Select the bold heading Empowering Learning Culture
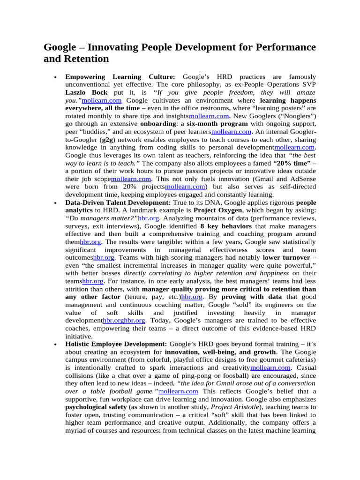(x=120, y=76)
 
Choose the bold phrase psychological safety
(x=96, y=407)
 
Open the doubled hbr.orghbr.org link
(x=124, y=320)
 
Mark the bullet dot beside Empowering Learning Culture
(x=56, y=77)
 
